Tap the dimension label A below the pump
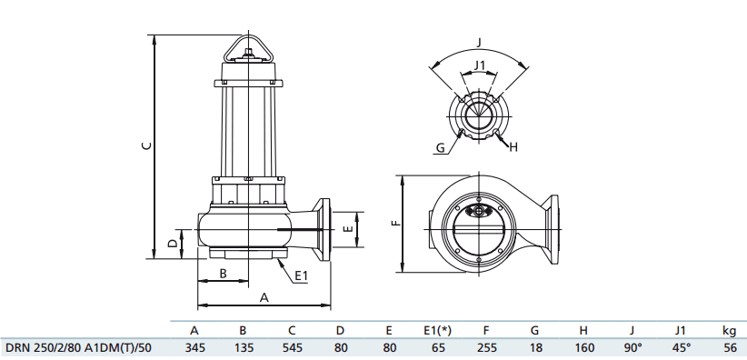[264, 296]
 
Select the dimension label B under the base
[224, 274]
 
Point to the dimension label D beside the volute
[173, 244]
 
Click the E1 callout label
[302, 275]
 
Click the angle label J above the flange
[480, 41]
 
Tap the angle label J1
[480, 65]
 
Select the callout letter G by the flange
[440, 147]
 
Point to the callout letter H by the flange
[513, 146]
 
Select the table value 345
[194, 346]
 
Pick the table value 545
[292, 346]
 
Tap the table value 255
[486, 346]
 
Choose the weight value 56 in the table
[729, 346]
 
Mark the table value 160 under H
[583, 346]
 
